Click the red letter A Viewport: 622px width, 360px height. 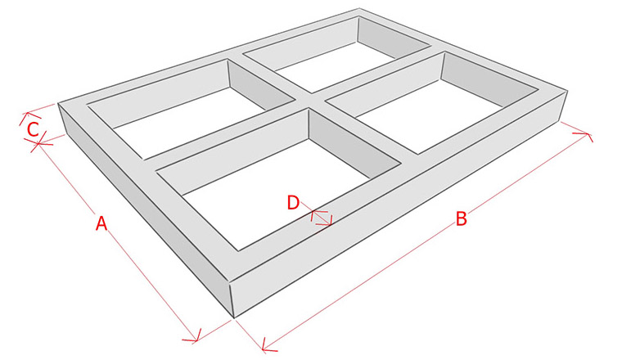pyautogui.click(x=101, y=223)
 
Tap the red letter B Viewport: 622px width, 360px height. pyautogui.click(x=461, y=218)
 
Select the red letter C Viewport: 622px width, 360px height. pyautogui.click(x=33, y=129)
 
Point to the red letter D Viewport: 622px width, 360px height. pyautogui.click(x=293, y=203)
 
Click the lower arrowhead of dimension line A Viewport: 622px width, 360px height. pyautogui.click(x=194, y=337)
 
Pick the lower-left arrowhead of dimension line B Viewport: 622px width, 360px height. pyautogui.click(x=267, y=346)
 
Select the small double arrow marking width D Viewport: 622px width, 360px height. pyautogui.click(x=322, y=218)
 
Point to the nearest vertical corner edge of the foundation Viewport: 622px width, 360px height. pyautogui.click(x=232, y=300)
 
